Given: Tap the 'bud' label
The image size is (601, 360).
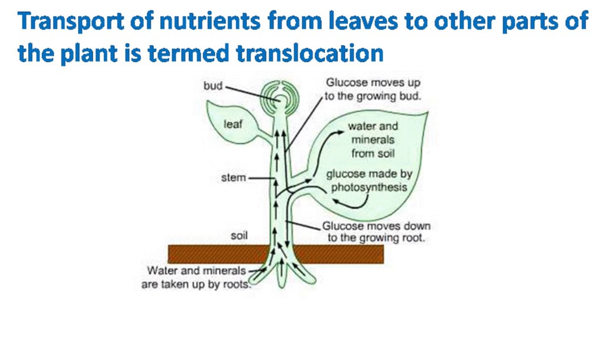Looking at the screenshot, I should coord(212,86).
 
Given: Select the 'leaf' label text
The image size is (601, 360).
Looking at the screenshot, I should coord(233,125).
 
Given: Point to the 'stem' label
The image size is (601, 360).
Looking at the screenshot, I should coord(233,177).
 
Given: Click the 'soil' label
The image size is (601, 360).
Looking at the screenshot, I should coord(239,235).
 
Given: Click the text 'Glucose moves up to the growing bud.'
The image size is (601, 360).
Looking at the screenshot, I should coord(373,90).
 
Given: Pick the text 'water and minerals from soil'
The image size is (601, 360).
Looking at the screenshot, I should coord(373,140).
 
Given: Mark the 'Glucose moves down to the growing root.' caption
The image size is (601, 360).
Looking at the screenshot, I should coord(376,233).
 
